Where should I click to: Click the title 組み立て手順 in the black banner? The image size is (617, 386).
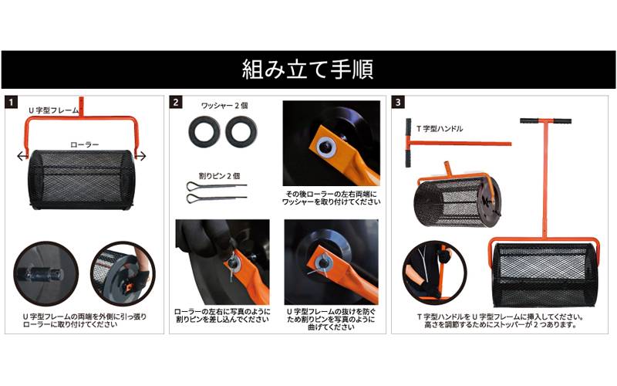308,69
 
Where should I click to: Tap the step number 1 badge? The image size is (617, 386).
12,103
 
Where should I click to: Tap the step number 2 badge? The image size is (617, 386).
176,103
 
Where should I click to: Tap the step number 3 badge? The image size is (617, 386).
398,103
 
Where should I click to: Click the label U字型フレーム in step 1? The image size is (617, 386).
53,110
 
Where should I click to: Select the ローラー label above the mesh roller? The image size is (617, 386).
85,144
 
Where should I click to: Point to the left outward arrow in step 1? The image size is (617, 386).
23,157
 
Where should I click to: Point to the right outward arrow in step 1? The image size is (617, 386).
140,157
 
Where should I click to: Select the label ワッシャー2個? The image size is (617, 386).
224,106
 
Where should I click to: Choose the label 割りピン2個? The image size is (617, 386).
220,176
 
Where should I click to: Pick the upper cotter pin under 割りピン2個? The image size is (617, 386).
217,185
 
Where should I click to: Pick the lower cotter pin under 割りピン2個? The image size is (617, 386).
217,197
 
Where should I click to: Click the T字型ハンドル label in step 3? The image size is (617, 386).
440,129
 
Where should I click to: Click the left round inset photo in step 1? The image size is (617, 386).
46,273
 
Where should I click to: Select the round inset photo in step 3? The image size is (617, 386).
435,273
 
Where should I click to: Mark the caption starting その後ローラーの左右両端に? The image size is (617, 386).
332,198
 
